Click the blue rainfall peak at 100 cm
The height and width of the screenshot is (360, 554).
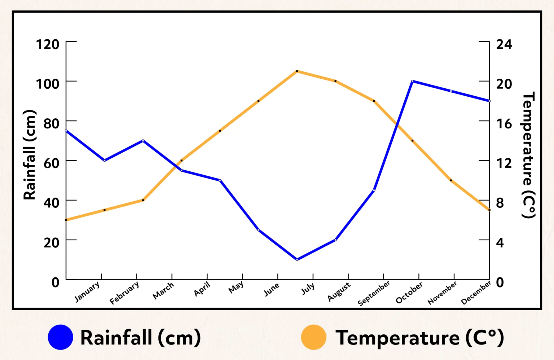(x=412, y=81)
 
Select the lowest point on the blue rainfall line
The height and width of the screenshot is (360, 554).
(x=297, y=259)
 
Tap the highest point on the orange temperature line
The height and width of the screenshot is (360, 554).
(x=297, y=71)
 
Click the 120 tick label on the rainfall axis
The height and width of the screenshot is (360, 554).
(x=47, y=44)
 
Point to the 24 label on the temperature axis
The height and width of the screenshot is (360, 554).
(x=504, y=44)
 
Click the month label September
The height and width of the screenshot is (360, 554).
(x=374, y=293)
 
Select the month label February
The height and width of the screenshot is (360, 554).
(x=124, y=293)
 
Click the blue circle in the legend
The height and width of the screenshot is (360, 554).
(x=61, y=337)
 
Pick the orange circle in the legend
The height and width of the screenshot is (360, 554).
(x=313, y=337)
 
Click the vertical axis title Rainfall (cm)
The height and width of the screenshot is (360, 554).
(x=30, y=155)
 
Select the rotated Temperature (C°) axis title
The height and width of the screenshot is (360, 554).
(x=528, y=155)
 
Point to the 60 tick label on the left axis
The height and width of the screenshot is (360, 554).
(x=51, y=163)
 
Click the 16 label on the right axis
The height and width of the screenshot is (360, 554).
(x=504, y=124)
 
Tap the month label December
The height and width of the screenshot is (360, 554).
(x=476, y=293)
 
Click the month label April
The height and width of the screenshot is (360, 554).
(x=202, y=289)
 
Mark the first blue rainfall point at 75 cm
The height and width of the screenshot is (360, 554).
(x=66, y=131)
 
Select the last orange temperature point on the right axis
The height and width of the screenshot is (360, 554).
(x=489, y=210)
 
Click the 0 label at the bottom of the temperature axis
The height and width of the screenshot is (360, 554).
(x=500, y=282)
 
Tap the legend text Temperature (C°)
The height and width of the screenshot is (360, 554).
(x=419, y=338)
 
